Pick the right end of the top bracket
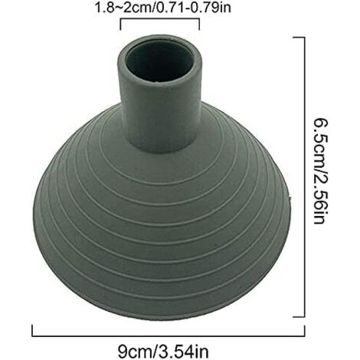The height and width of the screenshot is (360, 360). [x=199, y=25]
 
